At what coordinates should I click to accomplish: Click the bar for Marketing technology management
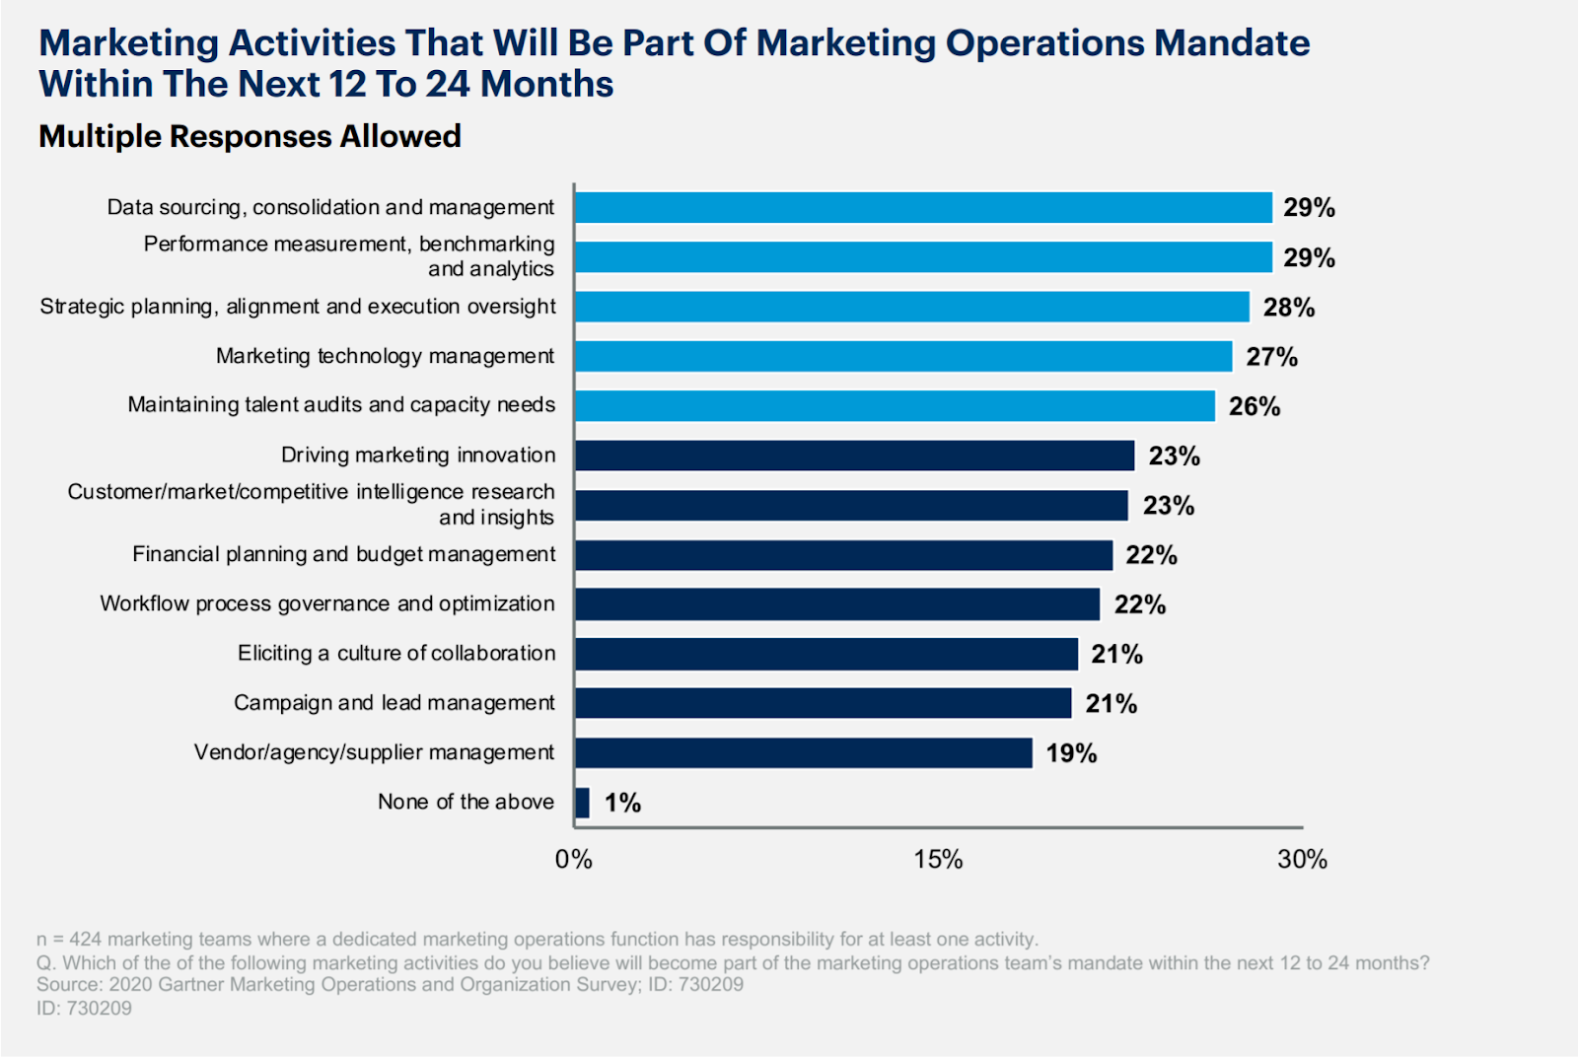coord(903,356)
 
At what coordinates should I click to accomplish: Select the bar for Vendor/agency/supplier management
coord(804,752)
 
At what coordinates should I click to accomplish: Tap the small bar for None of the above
coord(582,803)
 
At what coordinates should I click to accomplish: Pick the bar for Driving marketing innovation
coord(855,456)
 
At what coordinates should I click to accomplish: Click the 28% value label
coord(1289,308)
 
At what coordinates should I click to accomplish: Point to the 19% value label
coord(1071,753)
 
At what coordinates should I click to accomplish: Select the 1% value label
coord(622,803)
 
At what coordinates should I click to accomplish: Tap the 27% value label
coord(1271,357)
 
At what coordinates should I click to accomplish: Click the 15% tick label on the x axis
coord(938,860)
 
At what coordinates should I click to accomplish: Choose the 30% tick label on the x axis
coord(1302,860)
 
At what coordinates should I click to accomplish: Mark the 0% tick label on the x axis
coord(574,860)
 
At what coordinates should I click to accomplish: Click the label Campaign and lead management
coord(394,703)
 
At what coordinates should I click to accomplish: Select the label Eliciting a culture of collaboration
coord(396,653)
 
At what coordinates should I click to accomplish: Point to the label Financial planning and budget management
coord(344,554)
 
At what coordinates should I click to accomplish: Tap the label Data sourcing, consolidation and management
coord(330,207)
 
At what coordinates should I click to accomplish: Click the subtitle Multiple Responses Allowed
coord(250,136)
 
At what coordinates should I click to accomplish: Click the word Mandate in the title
coord(1232,43)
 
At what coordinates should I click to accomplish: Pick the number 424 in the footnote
coord(86,939)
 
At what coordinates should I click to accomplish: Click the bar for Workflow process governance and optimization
coord(837,604)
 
